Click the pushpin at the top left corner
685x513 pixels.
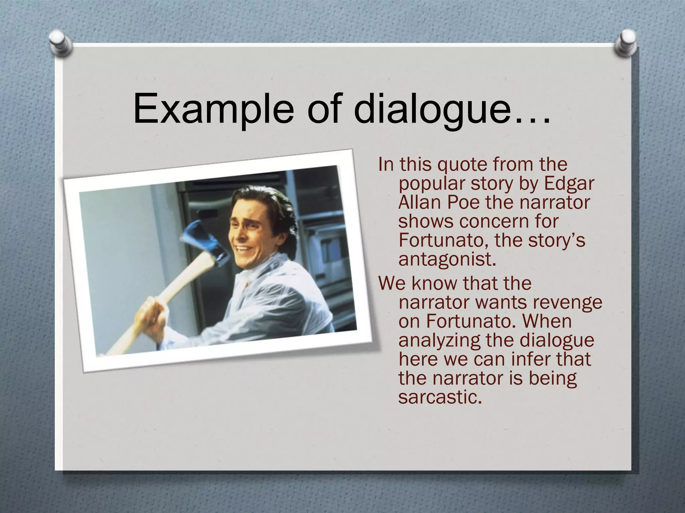62,43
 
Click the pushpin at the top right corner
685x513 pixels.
624,44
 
